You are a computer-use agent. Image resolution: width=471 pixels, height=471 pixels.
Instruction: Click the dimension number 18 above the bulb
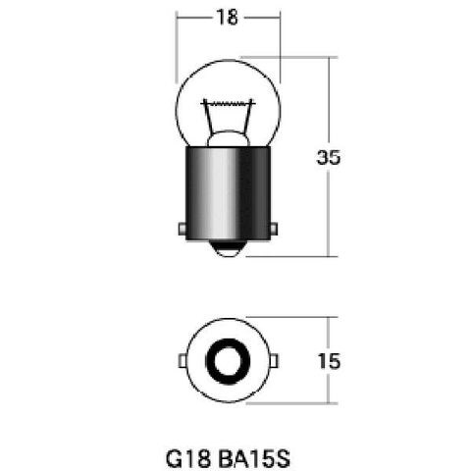227,18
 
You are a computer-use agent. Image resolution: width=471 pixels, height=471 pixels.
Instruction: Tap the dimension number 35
329,157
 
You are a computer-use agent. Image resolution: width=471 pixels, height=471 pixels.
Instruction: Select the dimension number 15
329,361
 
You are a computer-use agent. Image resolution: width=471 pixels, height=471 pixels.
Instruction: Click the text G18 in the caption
188,459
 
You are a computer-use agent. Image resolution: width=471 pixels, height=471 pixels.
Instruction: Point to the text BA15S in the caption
254,459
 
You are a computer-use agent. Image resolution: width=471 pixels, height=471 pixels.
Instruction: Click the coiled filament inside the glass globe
228,104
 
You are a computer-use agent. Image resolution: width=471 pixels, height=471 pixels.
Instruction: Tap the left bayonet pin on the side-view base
182,229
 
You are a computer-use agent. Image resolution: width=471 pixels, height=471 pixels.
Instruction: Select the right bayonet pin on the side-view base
274,229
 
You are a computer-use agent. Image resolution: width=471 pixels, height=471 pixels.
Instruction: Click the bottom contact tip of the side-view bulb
228,249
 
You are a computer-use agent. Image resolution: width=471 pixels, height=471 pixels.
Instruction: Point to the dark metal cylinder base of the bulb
228,193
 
